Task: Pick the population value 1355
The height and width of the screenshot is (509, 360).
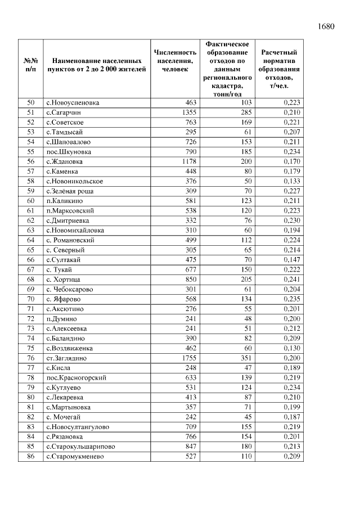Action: [186, 112]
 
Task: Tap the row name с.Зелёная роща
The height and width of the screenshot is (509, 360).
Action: [70, 191]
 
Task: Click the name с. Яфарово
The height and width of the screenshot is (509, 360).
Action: [66, 299]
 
